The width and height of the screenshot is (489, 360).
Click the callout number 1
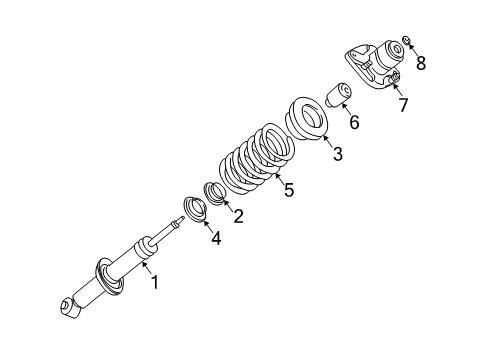click(x=155, y=284)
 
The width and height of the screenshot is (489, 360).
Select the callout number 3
click(x=337, y=154)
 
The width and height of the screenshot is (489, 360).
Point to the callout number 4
click(x=216, y=238)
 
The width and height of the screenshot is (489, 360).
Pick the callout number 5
click(x=288, y=189)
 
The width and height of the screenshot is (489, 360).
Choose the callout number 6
click(x=352, y=123)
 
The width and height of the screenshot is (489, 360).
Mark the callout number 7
click(x=403, y=105)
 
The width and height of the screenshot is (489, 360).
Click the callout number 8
click(x=420, y=64)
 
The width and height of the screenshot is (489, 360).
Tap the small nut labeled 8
click(x=407, y=41)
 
